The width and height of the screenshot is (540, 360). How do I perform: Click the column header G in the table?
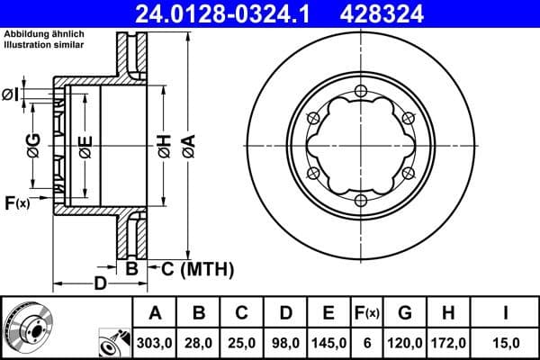click(x=405, y=313)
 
